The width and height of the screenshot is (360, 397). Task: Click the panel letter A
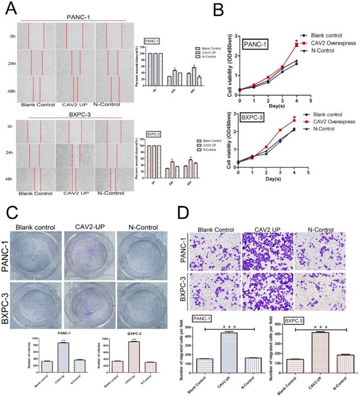point(8,8)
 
